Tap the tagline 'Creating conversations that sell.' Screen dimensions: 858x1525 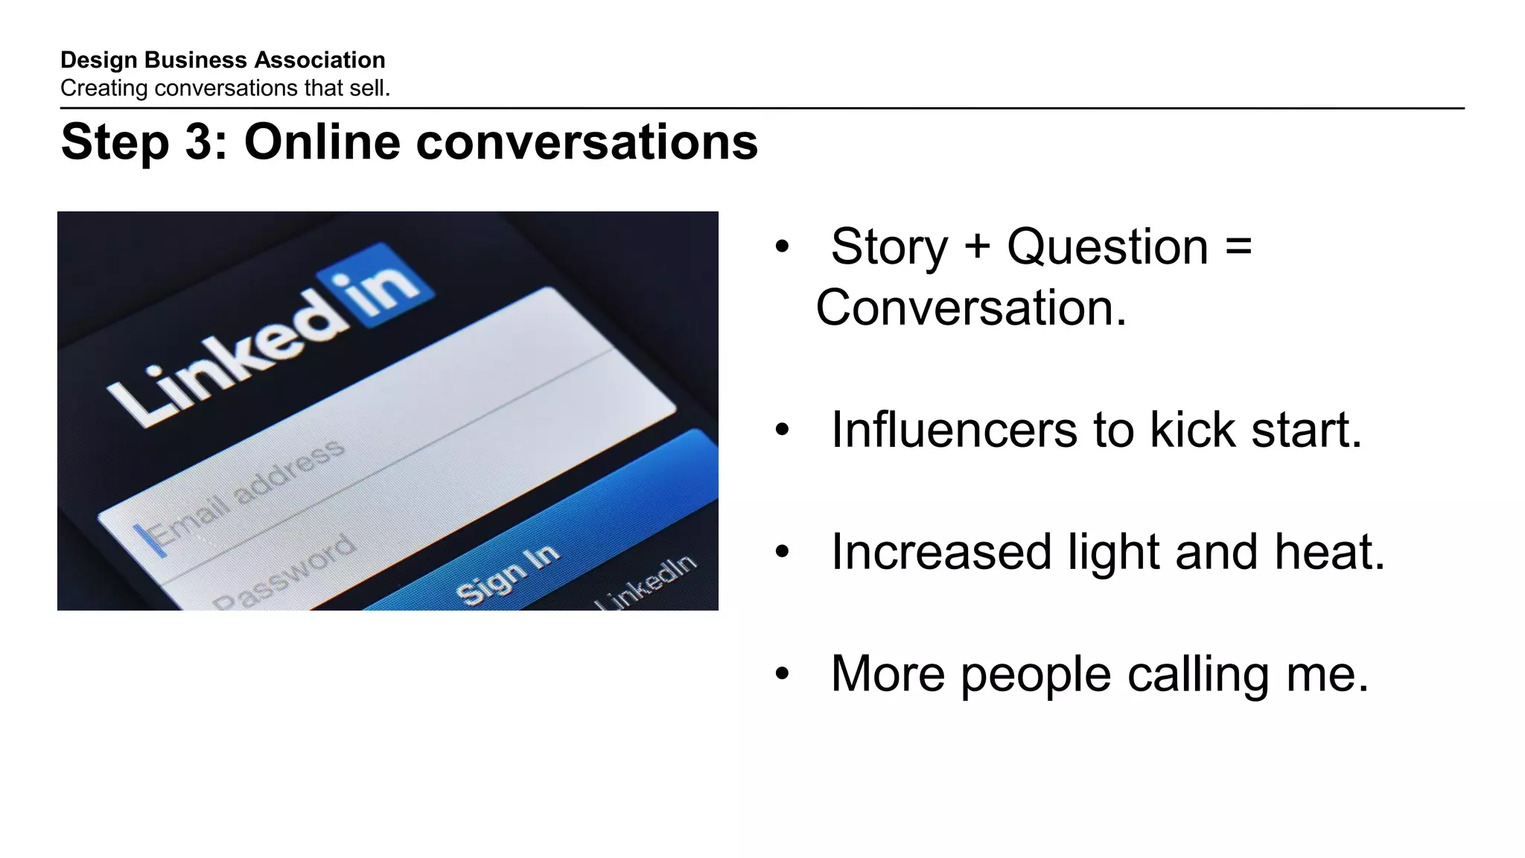click(225, 88)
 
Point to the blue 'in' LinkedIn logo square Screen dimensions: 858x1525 click(376, 287)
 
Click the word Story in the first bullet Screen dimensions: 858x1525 click(889, 247)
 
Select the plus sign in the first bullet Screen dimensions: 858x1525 click(978, 248)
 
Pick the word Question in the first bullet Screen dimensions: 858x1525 click(1107, 247)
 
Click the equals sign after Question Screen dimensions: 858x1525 click(1238, 247)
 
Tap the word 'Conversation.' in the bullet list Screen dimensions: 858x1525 click(971, 308)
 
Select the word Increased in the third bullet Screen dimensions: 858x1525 click(941, 552)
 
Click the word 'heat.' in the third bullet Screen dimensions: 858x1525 click(1330, 552)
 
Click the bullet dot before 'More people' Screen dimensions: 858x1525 click(781, 674)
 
